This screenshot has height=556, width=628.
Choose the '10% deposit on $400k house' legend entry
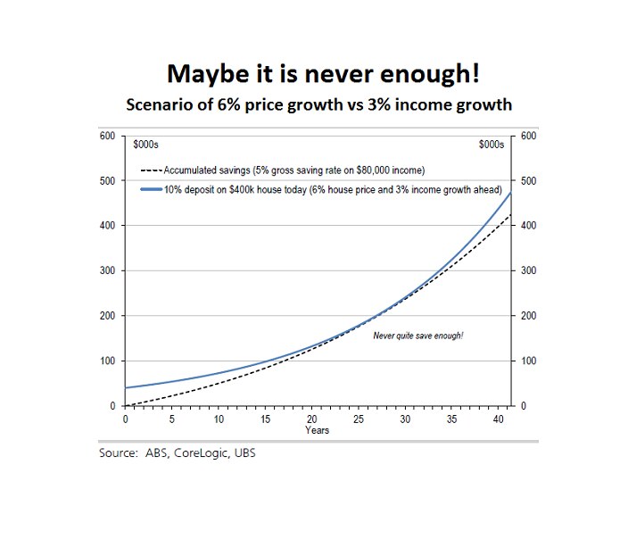[305, 189]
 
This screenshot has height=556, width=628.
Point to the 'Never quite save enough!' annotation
[417, 335]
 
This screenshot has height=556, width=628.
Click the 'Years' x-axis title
[317, 430]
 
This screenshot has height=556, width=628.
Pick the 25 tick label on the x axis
[358, 419]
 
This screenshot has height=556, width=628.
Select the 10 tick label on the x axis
[219, 419]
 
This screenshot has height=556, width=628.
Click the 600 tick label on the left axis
[107, 136]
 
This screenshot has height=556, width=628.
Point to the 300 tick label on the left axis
[107, 270]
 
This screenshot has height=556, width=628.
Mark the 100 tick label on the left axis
[107, 361]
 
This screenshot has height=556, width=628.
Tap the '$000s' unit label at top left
[145, 145]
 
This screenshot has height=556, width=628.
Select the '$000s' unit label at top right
[492, 145]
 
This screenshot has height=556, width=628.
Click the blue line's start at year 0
[126, 387]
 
